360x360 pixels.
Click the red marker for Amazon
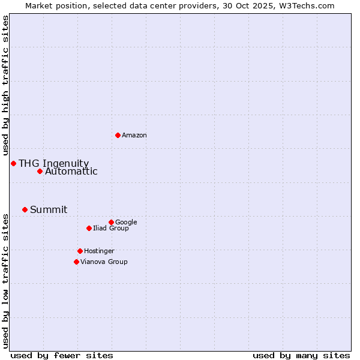pos(118,135)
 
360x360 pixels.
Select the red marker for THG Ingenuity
pos(13,163)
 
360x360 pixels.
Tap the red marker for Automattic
pos(40,171)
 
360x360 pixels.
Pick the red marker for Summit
pos(25,209)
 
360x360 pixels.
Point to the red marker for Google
pos(111,222)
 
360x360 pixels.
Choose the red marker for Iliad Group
pos(89,228)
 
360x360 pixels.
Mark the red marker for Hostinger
pos(80,251)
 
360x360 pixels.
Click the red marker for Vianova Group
pos(76,262)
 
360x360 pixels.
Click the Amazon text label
pos(134,136)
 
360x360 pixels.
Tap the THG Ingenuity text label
pos(53,163)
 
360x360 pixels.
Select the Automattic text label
pos(71,172)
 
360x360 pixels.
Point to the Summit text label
pos(49,209)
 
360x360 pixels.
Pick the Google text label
pos(126,222)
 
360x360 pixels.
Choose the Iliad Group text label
pos(111,228)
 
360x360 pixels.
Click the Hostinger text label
pos(99,251)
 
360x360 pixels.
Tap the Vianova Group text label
pos(104,262)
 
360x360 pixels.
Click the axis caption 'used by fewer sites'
pos(62,355)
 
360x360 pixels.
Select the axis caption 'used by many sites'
pos(301,355)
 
